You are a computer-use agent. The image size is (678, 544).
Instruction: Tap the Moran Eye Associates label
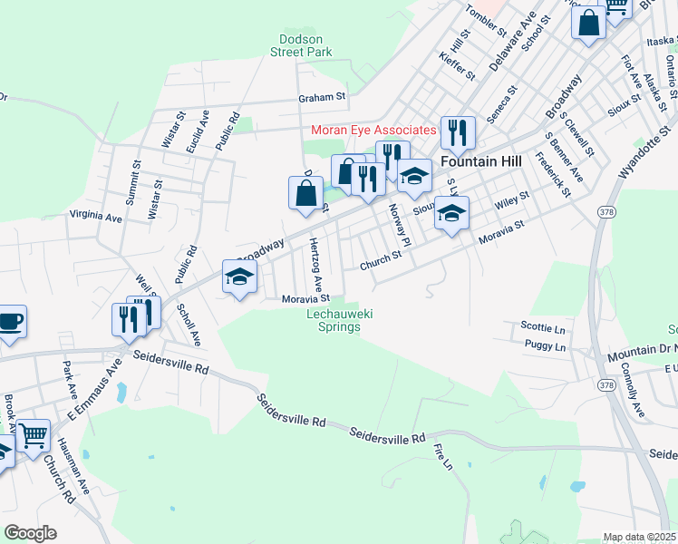click(x=373, y=130)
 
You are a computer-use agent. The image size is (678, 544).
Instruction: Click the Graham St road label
click(x=323, y=96)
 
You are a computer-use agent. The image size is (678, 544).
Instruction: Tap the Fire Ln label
click(x=442, y=457)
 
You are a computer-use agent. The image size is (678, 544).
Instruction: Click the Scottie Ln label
click(x=543, y=327)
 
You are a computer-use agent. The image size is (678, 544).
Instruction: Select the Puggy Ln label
click(x=545, y=346)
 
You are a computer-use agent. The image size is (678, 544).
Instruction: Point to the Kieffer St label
click(x=456, y=64)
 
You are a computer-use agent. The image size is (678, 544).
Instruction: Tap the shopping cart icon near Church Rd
click(x=34, y=435)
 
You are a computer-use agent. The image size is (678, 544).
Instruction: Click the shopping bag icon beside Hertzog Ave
click(x=305, y=192)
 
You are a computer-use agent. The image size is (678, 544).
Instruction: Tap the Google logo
click(x=30, y=532)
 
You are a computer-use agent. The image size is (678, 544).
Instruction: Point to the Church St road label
click(x=380, y=260)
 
